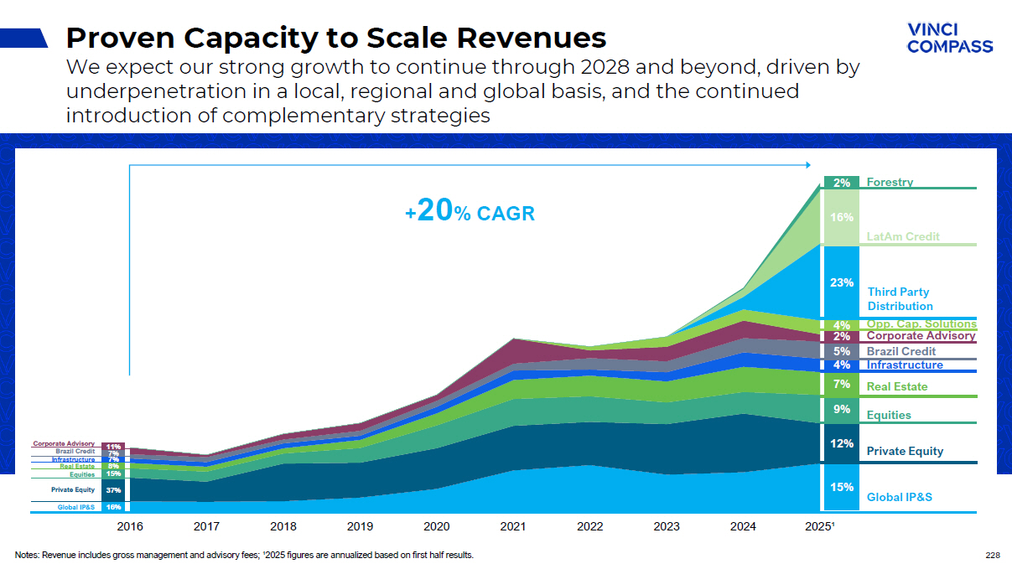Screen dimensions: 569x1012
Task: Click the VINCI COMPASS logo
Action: pyautogui.click(x=949, y=38)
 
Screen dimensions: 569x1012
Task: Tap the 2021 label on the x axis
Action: pyautogui.click(x=512, y=526)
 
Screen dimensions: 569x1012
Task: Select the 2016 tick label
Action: pyautogui.click(x=130, y=526)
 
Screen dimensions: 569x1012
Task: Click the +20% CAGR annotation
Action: pyautogui.click(x=470, y=213)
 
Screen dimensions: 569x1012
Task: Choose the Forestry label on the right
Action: pyautogui.click(x=890, y=182)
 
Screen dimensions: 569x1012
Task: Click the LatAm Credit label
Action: pyautogui.click(x=903, y=237)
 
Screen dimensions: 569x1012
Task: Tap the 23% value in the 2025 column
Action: pyautogui.click(x=841, y=282)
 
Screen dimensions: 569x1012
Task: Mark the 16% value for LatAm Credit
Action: pyautogui.click(x=841, y=217)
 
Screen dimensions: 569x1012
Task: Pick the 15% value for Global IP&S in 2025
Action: pyautogui.click(x=841, y=487)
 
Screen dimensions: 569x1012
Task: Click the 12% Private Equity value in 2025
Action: pyautogui.click(x=841, y=443)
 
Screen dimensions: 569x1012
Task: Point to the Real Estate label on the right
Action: pyautogui.click(x=897, y=386)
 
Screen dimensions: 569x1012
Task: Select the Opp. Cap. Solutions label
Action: pyautogui.click(x=921, y=324)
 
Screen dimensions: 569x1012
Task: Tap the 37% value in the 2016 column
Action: pyautogui.click(x=113, y=489)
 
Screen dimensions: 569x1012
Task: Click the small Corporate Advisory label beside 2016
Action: pyautogui.click(x=64, y=443)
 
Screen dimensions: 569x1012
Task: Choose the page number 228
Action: pyautogui.click(x=994, y=555)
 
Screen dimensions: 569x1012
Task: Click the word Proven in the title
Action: pyautogui.click(x=119, y=38)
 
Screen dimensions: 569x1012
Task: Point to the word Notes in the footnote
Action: pyautogui.click(x=27, y=555)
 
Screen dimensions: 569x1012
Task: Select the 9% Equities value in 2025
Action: pyautogui.click(x=841, y=410)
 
